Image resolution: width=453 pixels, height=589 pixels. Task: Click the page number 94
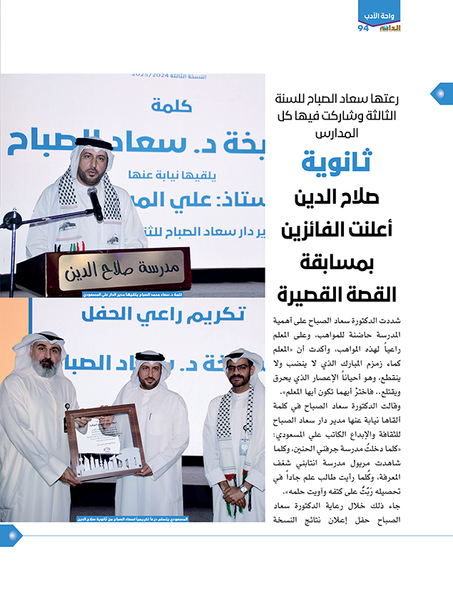click(364, 28)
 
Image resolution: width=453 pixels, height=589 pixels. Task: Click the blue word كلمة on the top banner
click(173, 105)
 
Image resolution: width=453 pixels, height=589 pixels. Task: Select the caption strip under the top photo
click(133, 293)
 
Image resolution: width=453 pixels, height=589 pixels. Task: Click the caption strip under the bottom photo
click(133, 519)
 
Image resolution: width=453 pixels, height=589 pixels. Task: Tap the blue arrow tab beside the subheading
click(441, 93)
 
